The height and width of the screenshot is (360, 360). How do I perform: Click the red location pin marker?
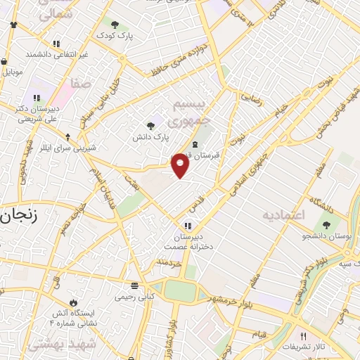(x=181, y=165)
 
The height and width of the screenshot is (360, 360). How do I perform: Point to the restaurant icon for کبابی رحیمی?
(x=134, y=285)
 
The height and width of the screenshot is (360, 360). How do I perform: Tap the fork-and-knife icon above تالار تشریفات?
(x=303, y=336)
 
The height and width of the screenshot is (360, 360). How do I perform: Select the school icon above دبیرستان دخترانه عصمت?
(x=188, y=226)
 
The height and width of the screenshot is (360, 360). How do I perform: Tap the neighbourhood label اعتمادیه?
(x=285, y=214)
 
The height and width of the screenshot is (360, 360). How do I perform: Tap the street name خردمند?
(x=169, y=263)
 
